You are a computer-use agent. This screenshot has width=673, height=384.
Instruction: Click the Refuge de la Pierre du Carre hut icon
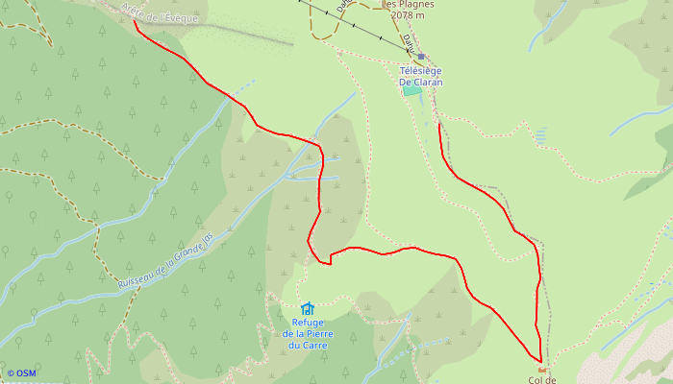click(x=307, y=308)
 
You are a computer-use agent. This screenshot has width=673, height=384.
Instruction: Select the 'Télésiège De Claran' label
click(x=421, y=76)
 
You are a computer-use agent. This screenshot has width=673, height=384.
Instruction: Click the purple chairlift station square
click(x=421, y=57)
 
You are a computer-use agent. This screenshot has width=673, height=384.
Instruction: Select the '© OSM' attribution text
click(x=21, y=373)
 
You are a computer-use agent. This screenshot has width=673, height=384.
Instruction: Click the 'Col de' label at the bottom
click(x=542, y=379)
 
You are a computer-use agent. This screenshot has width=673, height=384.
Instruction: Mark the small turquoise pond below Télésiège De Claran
click(x=411, y=90)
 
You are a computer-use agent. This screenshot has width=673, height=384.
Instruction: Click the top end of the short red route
click(x=439, y=123)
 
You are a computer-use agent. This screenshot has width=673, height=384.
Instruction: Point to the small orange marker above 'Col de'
click(x=541, y=369)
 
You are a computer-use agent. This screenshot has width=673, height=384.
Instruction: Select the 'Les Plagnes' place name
click(x=410, y=4)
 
